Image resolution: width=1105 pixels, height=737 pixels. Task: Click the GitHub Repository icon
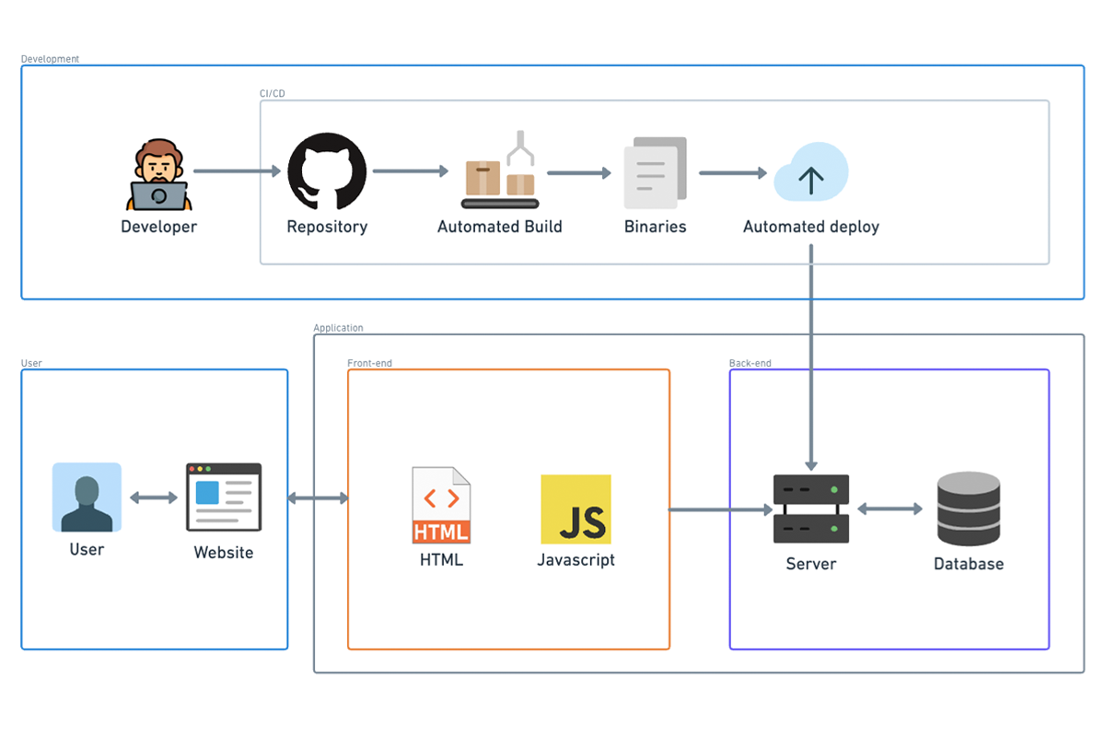point(327,172)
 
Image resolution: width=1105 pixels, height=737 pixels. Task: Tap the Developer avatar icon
point(158,175)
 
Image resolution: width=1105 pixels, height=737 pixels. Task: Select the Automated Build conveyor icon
point(498,172)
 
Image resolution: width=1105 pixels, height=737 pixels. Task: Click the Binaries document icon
point(656,172)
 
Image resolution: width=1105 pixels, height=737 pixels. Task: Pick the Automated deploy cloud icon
point(810,172)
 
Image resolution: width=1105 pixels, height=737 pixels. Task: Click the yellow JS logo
point(576,509)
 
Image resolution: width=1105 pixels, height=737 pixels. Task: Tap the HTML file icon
point(441,505)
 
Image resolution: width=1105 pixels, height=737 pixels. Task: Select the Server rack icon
point(810,509)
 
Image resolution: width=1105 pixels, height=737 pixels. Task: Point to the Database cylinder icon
point(968,509)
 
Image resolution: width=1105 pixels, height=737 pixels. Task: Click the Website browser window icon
point(224,497)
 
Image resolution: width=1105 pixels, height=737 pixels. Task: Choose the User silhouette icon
point(87,497)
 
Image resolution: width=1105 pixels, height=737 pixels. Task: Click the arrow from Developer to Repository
point(237,171)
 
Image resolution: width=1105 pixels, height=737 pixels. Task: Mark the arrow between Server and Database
point(890,509)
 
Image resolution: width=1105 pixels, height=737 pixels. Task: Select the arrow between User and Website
point(154,497)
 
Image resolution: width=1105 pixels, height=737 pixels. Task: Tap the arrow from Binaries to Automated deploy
point(733,172)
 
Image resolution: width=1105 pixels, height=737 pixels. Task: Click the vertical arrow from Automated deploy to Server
point(810,368)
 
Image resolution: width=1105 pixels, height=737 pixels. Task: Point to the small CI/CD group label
point(272,93)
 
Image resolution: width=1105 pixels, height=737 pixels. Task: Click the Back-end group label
point(750,363)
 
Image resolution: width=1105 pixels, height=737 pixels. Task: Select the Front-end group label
point(369,363)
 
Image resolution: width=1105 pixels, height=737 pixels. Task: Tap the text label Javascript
point(576,559)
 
